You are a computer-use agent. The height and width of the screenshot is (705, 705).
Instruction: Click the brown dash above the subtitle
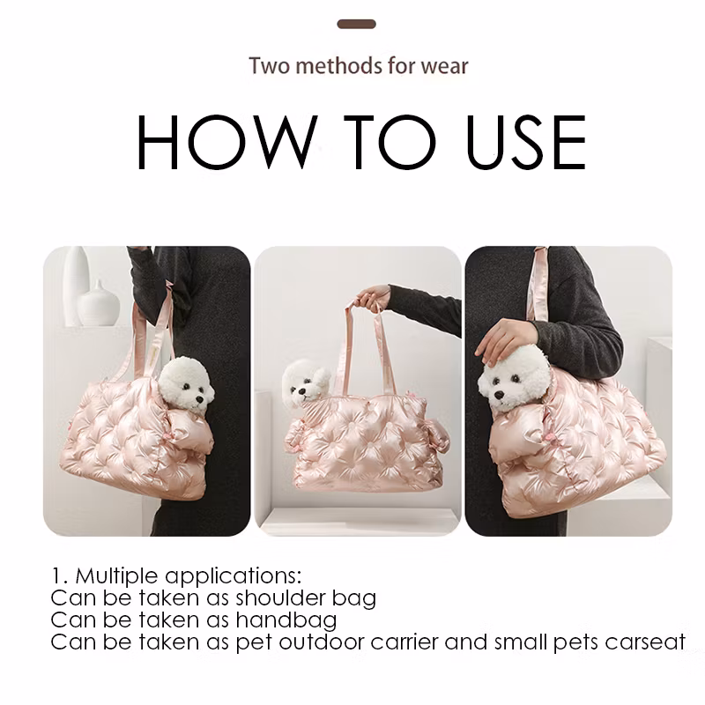point(357,25)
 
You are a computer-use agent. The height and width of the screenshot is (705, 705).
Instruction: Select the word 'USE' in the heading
point(526,142)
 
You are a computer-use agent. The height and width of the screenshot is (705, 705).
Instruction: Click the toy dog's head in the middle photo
point(306,383)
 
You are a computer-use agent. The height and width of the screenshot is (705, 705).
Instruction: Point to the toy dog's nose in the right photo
point(499,395)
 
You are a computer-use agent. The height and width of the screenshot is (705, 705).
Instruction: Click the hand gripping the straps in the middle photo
point(372,298)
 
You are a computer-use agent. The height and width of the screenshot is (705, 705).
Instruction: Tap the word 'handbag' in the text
point(286,620)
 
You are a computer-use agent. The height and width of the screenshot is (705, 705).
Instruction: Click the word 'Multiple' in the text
point(117,576)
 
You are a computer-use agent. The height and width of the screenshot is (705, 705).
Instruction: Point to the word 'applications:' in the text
point(234,577)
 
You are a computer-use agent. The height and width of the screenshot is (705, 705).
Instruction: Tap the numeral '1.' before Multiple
point(60,575)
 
